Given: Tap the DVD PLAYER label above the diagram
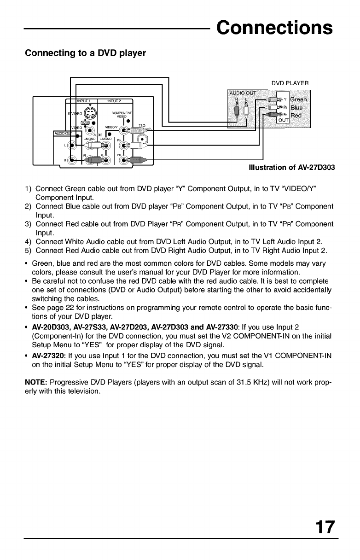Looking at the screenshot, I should coord(290,83).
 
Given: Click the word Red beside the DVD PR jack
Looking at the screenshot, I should coord(298,115).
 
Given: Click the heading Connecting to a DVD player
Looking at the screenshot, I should coord(85,53).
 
